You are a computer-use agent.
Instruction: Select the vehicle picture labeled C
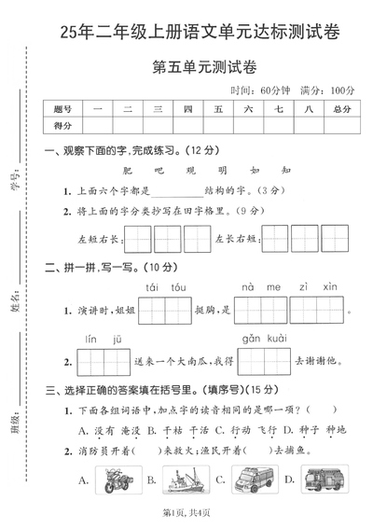(x=250, y=479)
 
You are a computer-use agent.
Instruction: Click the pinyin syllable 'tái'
(x=154, y=287)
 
